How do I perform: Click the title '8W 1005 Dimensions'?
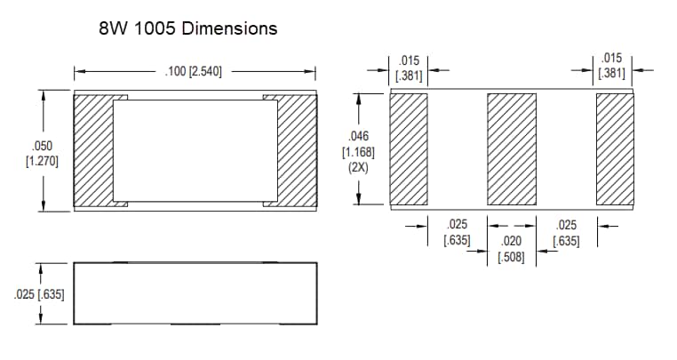(188, 28)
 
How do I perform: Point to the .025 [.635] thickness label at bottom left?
(40, 294)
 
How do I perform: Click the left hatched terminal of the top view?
(92, 149)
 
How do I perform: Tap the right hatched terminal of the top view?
(297, 149)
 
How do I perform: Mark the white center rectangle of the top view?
(195, 149)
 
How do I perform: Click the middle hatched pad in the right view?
(512, 148)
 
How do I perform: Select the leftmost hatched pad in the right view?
(410, 148)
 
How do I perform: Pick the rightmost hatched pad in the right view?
(614, 148)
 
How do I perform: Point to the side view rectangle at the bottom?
(195, 292)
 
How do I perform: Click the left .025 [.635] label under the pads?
(457, 233)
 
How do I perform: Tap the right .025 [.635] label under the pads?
(566, 233)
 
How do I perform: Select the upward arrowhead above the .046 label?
(358, 99)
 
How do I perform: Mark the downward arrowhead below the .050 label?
(42, 205)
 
